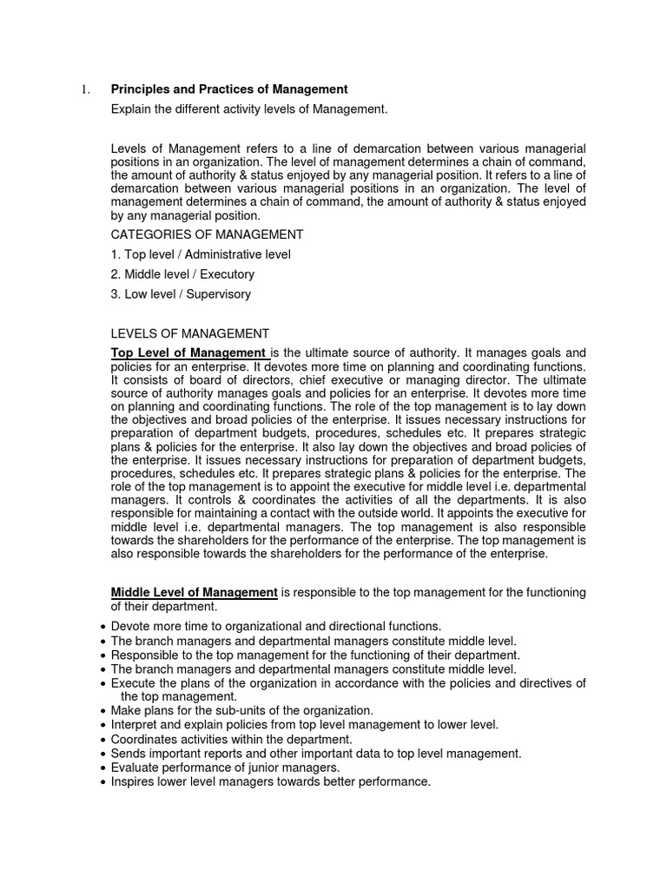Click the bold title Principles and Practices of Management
coord(229,89)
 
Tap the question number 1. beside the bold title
coord(85,89)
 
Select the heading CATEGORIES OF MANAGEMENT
coord(207,234)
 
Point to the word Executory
coord(226,274)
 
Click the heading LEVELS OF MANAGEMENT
coord(190,333)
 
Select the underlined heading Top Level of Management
coord(189,353)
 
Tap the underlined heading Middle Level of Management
coord(194,592)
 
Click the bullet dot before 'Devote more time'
coord(103,627)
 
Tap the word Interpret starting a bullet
coord(136,724)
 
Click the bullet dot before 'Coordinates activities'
coord(103,739)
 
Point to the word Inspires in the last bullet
coord(135,781)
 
